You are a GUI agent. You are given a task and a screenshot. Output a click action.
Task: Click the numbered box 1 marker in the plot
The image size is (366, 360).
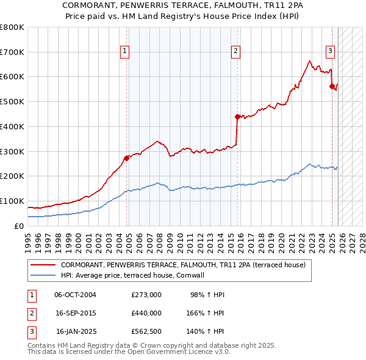coord(124,52)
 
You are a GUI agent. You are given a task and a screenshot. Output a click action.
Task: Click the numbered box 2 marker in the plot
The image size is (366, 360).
coord(235,52)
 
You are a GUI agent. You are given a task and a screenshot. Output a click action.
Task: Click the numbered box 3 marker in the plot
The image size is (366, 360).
coord(330,52)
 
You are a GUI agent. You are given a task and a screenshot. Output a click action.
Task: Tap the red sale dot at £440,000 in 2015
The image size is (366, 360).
coord(237,116)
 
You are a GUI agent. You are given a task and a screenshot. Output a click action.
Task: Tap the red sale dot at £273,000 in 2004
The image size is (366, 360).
coord(126,157)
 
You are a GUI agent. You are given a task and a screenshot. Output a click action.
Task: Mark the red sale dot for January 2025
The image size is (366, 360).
coord(332,86)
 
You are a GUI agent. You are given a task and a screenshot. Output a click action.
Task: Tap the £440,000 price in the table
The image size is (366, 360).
coord(146,314)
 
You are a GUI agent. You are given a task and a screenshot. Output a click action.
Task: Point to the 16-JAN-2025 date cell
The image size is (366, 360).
coord(76,333)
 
